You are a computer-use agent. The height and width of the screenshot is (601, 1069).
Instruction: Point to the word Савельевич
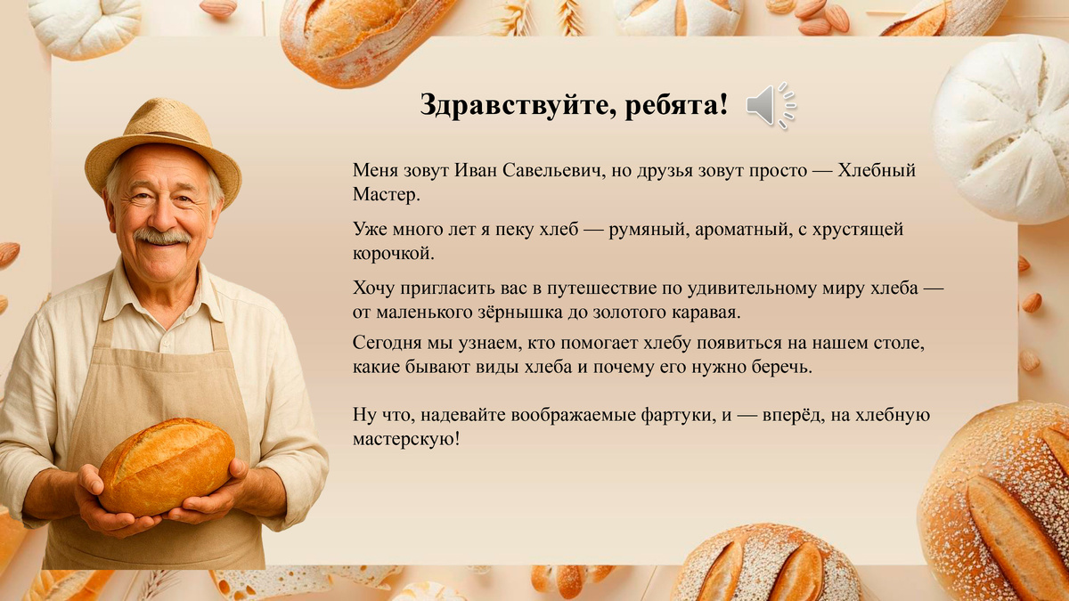[x=548, y=171]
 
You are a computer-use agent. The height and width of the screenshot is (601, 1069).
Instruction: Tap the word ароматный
[x=739, y=230]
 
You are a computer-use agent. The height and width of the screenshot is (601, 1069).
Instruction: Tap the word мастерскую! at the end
[x=406, y=439]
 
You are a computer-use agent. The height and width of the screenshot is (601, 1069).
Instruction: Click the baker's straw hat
[x=163, y=134]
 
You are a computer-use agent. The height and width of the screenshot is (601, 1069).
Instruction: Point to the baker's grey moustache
[x=162, y=237]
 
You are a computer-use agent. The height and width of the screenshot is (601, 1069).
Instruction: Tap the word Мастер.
[x=385, y=194]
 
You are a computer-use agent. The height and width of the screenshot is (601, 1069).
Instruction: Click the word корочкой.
[x=393, y=254]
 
